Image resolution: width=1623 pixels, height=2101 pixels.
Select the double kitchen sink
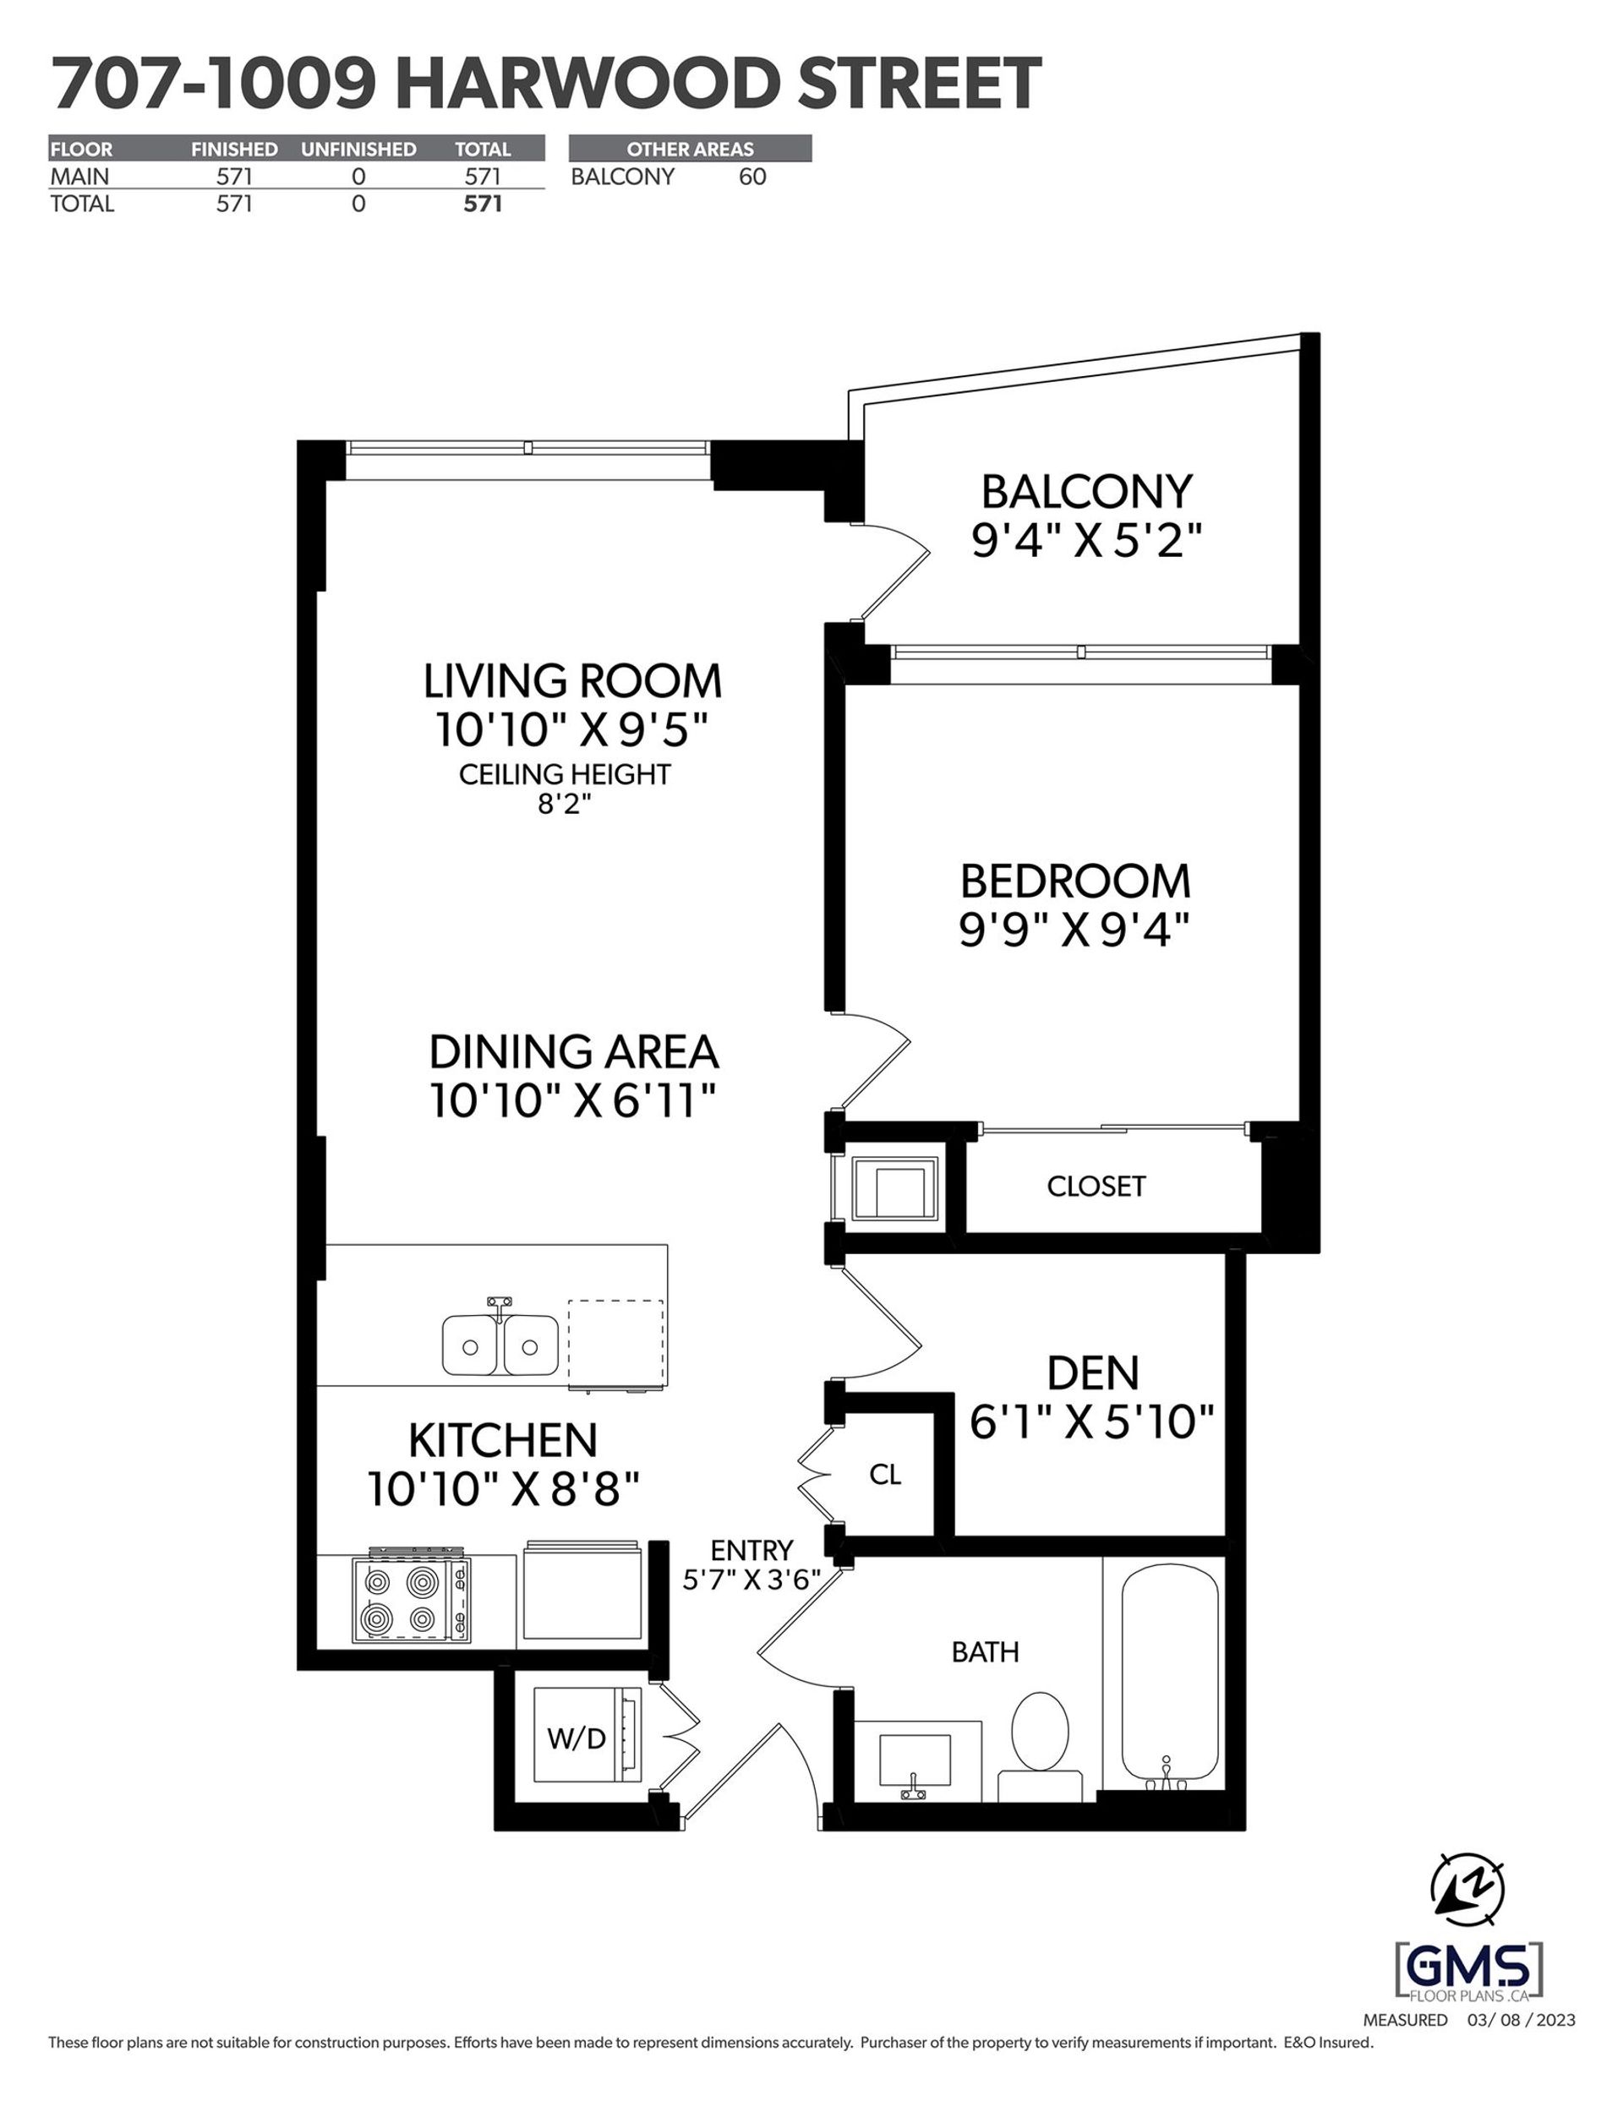[500, 1345]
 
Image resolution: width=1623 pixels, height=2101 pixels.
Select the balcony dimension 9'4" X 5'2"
[1087, 542]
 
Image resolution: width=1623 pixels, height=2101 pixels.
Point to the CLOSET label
[1096, 1186]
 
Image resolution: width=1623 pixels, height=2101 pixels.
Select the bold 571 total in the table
[483, 204]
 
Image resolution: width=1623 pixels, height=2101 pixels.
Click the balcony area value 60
[752, 177]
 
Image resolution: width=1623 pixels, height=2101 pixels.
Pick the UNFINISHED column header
[358, 149]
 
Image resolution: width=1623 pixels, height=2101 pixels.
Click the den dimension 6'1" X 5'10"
[1092, 1422]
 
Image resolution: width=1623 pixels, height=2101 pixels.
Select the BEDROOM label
[1074, 881]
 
